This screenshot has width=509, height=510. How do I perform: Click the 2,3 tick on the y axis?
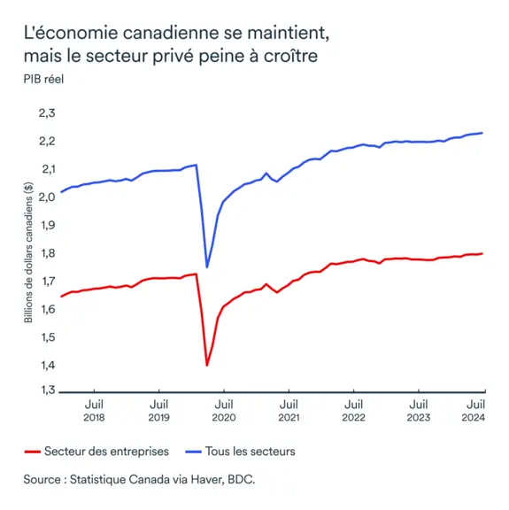pyautogui.click(x=46, y=113)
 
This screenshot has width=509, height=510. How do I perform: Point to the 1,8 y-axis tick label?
pyautogui.click(x=46, y=253)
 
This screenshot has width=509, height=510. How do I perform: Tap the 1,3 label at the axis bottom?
pyautogui.click(x=46, y=390)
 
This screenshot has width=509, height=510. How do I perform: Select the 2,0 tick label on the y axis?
pyautogui.click(x=46, y=197)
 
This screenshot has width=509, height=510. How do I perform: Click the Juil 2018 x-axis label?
pyautogui.click(x=94, y=409)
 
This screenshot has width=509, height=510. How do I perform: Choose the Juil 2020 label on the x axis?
pyautogui.click(x=224, y=409)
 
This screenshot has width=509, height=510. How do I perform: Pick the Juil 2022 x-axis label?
pyautogui.click(x=353, y=409)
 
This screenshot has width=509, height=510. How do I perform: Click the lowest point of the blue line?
pyautogui.click(x=207, y=267)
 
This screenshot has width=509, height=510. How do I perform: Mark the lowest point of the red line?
pyautogui.click(x=207, y=365)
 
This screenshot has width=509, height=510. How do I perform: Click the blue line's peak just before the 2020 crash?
pyautogui.click(x=196, y=165)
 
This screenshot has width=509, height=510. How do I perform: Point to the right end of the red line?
pyautogui.click(x=482, y=253)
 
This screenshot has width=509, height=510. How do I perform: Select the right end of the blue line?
pyautogui.click(x=482, y=133)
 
